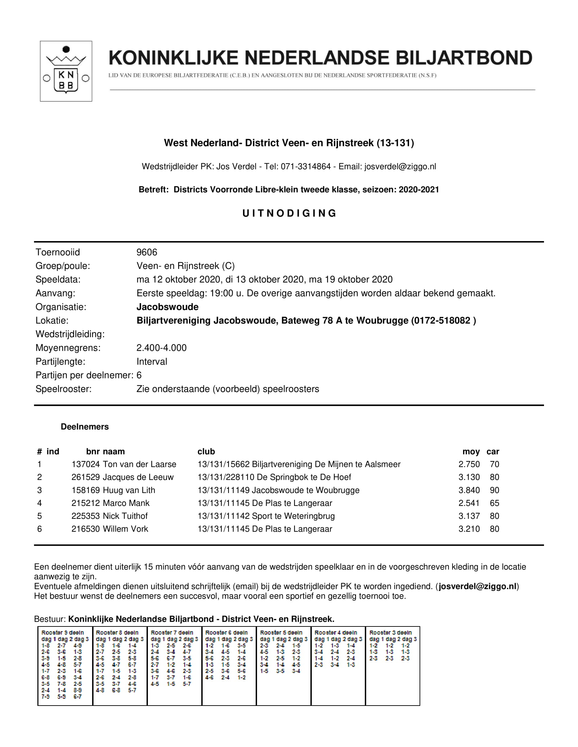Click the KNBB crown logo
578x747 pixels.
(66, 71)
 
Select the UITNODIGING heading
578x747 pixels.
(289, 214)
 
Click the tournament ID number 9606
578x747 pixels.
(147, 252)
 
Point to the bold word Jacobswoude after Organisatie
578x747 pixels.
(167, 307)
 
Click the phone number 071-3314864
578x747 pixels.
(306, 167)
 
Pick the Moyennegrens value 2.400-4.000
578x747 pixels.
(161, 348)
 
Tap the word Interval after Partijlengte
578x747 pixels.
(152, 362)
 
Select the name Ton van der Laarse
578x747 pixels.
(139, 464)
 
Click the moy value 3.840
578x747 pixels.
(469, 490)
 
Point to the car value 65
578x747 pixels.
(494, 503)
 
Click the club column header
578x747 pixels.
(206, 452)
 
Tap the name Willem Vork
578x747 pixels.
(125, 529)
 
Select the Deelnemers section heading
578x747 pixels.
(85, 426)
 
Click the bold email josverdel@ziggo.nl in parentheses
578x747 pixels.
(477, 586)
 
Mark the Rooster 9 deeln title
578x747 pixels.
(62, 633)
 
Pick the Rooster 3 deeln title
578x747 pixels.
(390, 633)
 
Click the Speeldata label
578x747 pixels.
(58, 279)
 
